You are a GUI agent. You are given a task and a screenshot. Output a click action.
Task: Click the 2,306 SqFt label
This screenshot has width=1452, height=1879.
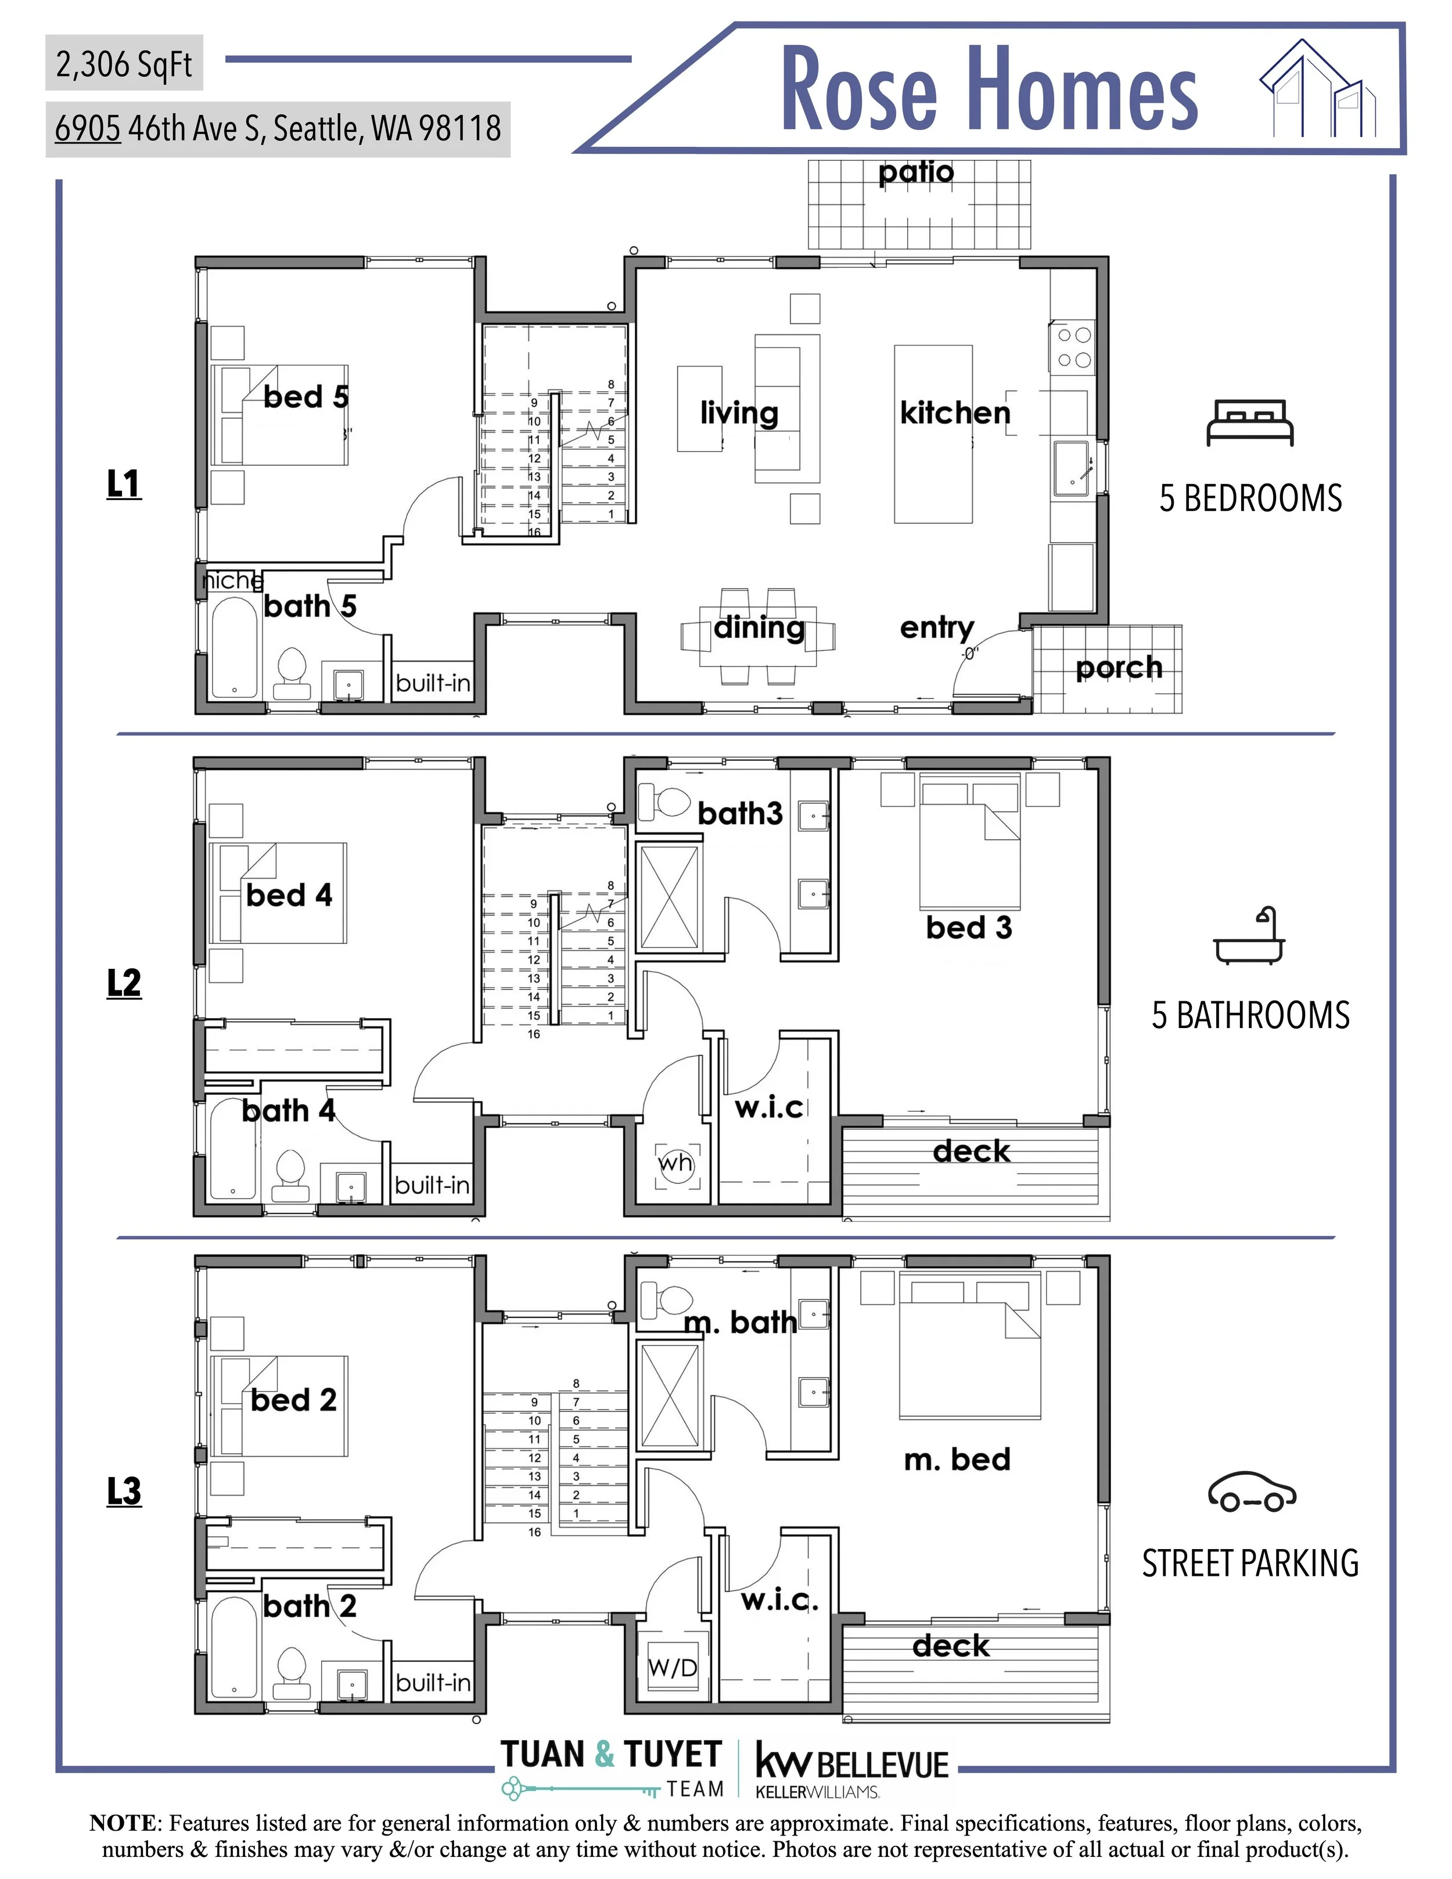coord(124,64)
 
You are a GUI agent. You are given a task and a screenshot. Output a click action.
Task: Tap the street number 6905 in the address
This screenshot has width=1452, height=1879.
coord(88,128)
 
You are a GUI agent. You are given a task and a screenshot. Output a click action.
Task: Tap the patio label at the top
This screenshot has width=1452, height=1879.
coord(916,173)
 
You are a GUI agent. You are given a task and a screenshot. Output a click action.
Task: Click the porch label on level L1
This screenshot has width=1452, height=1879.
coord(1118,667)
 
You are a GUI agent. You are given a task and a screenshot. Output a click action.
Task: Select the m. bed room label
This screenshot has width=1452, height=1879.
coord(957,1459)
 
